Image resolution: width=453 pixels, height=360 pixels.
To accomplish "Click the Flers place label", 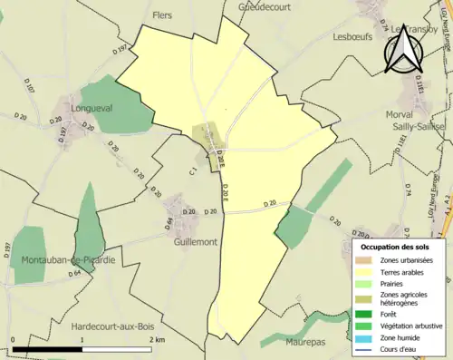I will pos(162,15).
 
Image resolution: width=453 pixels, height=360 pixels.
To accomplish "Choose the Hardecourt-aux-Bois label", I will pos(123,325).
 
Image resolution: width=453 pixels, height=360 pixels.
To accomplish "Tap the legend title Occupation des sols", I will pos(394,247).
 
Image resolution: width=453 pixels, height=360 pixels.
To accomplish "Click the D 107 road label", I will pos(28,88).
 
